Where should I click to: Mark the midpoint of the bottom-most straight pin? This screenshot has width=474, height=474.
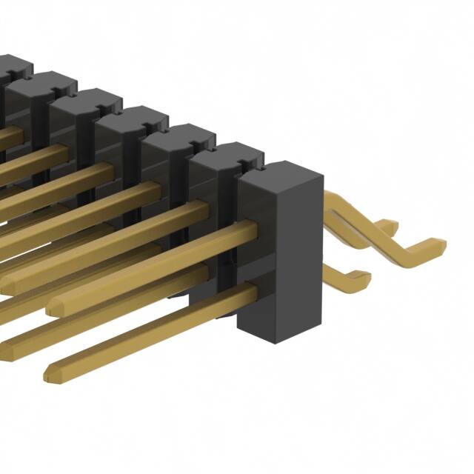[x=152, y=330]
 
